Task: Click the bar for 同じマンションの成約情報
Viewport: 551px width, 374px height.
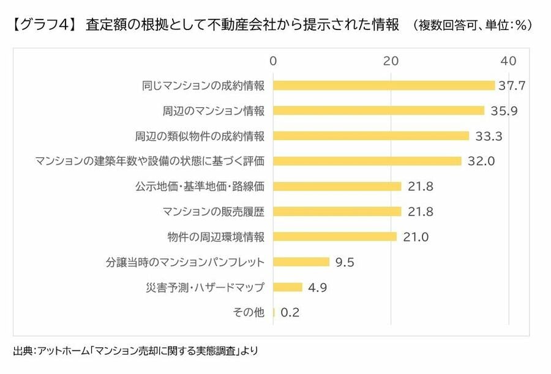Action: (x=384, y=86)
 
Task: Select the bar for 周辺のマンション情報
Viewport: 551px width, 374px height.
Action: (x=378, y=111)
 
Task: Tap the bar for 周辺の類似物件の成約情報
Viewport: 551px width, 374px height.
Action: (x=371, y=136)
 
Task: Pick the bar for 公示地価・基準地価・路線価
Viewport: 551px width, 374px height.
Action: (x=337, y=186)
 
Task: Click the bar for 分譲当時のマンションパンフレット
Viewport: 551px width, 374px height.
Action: (x=301, y=262)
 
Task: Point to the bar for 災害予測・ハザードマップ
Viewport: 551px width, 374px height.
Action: (x=288, y=287)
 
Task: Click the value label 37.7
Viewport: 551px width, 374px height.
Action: (x=512, y=86)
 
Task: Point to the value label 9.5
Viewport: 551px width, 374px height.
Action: (x=345, y=262)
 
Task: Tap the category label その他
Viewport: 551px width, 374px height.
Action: (x=249, y=312)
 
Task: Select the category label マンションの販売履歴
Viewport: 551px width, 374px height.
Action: (x=214, y=212)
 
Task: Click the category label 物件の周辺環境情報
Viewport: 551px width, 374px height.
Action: (x=216, y=237)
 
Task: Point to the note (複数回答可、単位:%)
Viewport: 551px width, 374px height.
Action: (x=472, y=26)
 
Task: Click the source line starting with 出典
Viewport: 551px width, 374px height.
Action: (x=135, y=351)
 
